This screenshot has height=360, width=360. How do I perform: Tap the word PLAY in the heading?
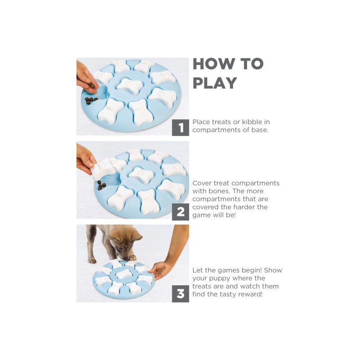[215, 83]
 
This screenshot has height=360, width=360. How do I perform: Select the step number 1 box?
[180, 127]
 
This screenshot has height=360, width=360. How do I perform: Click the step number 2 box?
[180, 211]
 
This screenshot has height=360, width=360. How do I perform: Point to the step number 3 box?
[180, 294]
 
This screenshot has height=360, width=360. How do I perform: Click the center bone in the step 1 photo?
[129, 86]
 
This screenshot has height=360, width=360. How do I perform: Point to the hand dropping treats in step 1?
[87, 78]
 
